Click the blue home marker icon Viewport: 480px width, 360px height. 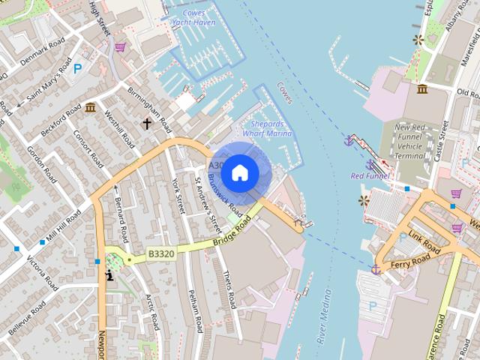coord(240,172)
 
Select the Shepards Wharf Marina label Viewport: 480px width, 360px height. coord(268,129)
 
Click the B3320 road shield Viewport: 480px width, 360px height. coord(160,254)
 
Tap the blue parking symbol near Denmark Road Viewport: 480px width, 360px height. coord(77,69)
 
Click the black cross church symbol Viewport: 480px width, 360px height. coord(148,123)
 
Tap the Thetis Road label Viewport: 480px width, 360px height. coord(229,289)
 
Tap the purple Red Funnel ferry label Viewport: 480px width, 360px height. coord(370,175)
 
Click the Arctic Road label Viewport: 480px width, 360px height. coord(152,312)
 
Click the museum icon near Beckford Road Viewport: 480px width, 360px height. coord(91,107)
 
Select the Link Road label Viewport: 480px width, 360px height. coord(425,242)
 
